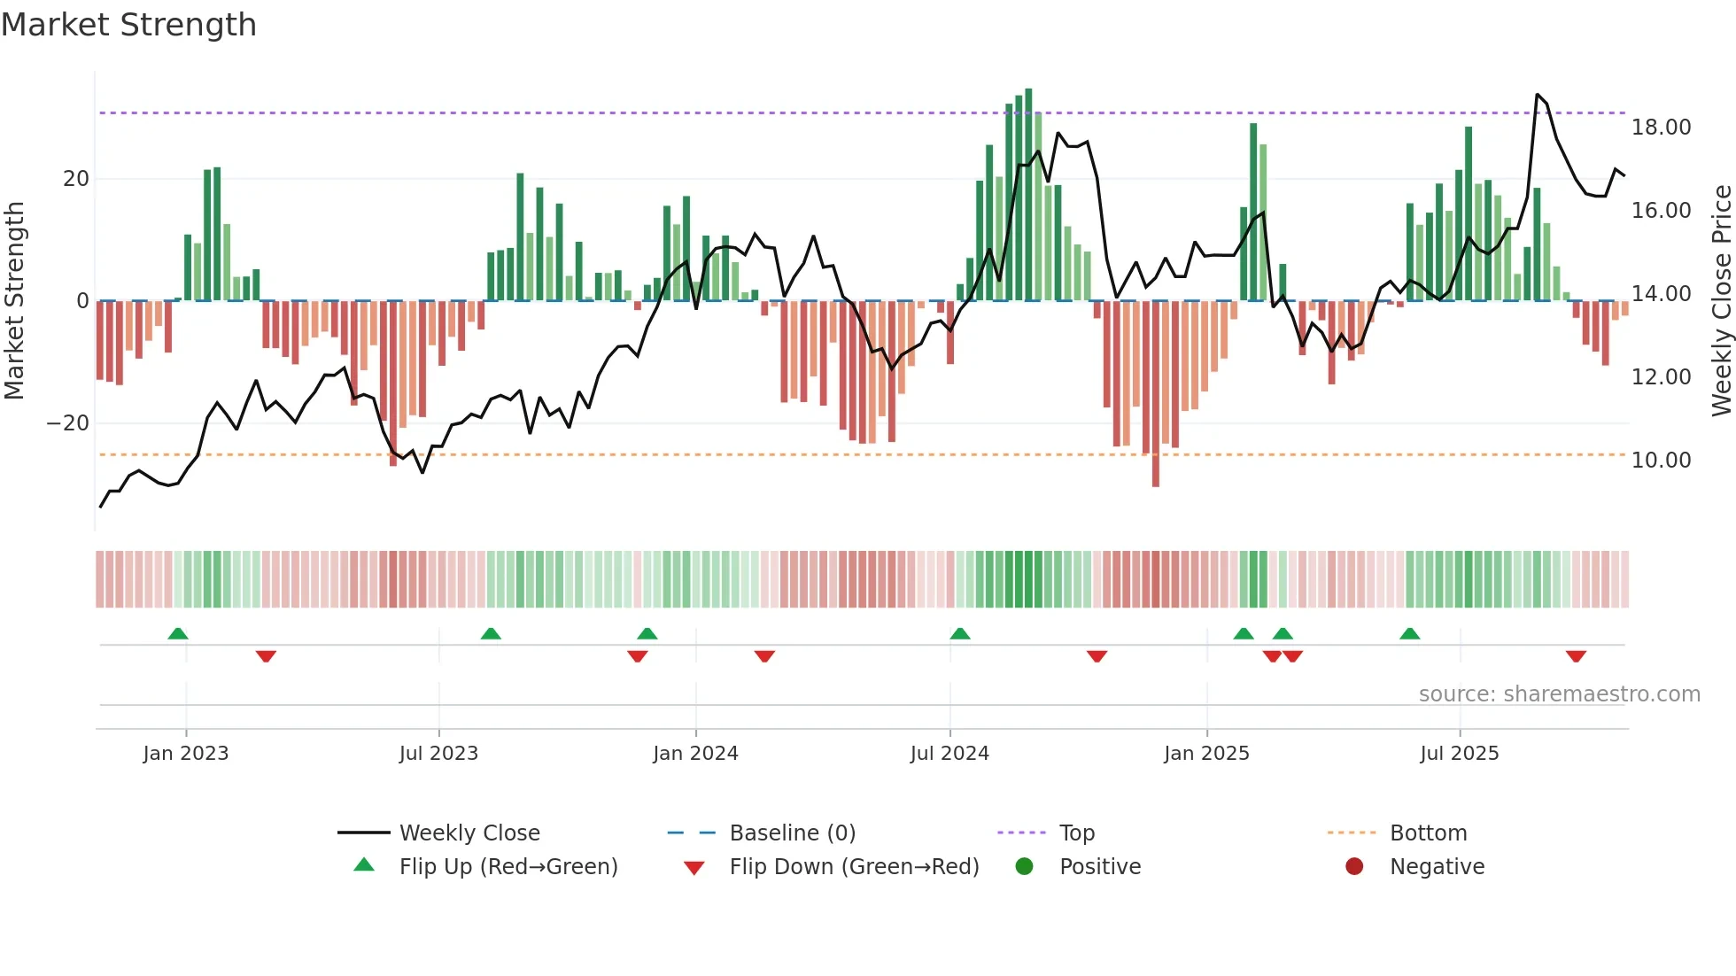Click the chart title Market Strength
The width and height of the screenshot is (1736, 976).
pos(128,25)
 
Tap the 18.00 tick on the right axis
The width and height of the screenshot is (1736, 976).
pos(1661,128)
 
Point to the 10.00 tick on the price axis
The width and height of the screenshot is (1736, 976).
pos(1661,461)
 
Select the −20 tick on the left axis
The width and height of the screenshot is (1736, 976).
pos(68,423)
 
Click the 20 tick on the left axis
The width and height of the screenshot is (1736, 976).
pos(76,179)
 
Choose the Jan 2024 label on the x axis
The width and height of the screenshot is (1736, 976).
pos(695,754)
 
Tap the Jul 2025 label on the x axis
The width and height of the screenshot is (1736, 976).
pos(1459,754)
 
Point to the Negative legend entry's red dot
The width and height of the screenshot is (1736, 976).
pos(1354,867)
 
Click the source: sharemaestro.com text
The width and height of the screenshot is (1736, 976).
pos(1559,694)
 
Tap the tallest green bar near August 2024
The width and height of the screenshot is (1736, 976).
pos(1028,195)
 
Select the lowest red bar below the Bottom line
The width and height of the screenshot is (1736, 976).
pos(1156,394)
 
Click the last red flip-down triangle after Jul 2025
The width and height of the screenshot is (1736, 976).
pos(1576,656)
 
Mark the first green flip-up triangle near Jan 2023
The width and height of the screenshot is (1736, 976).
pos(178,633)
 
